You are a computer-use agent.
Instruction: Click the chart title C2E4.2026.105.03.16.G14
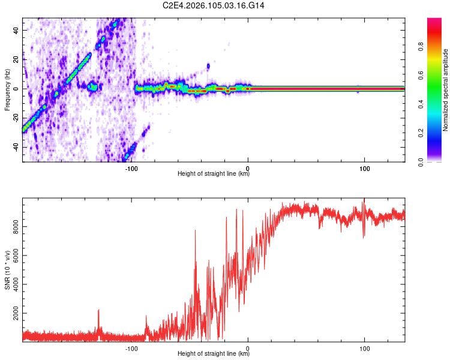[214, 5]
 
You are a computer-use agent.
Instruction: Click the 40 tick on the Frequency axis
[17, 29]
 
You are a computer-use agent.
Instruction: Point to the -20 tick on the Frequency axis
[16, 118]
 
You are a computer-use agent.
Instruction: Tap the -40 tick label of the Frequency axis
[16, 147]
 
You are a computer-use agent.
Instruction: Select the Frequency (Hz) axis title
[7, 89]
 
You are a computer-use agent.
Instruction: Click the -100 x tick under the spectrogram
[132, 169]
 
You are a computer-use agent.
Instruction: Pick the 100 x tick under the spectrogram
[364, 169]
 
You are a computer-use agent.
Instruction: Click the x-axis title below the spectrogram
[214, 175]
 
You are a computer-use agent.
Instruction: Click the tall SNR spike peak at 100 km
[364, 199]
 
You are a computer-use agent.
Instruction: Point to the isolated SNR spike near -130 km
[98, 310]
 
